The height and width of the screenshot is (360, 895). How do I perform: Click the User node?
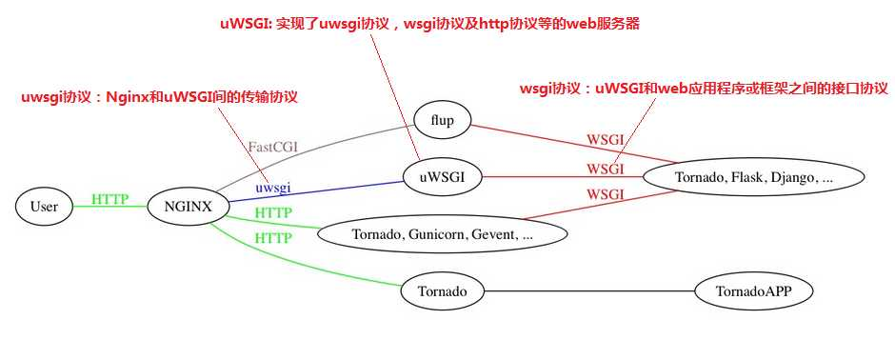44,206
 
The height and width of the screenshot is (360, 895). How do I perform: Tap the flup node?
442,121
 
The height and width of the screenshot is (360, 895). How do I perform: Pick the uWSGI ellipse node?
441,176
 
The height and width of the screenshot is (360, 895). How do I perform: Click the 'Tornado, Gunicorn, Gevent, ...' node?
442,233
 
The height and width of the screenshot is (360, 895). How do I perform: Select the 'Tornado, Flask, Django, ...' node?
753,176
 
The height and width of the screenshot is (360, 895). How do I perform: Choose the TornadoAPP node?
754,291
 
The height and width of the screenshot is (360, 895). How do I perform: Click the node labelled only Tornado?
442,291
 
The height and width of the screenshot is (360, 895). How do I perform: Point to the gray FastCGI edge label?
273,147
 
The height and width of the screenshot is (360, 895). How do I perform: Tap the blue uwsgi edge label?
272,187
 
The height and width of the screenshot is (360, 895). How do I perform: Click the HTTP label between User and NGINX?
109,199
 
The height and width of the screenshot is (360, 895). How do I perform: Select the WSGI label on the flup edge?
605,139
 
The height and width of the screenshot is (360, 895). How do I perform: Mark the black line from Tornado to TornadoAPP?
590,291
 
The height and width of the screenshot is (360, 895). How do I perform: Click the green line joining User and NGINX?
109,207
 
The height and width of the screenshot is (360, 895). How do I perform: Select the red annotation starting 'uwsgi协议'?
160,97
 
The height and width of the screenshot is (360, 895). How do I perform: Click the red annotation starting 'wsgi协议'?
704,89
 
